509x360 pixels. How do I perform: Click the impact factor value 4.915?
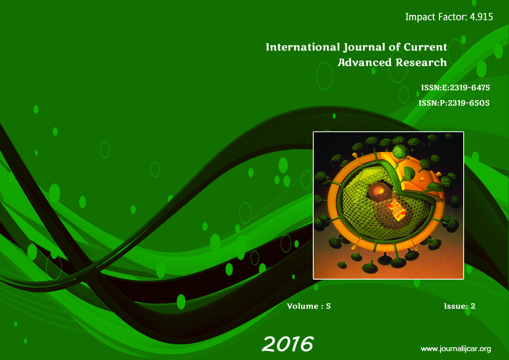481,17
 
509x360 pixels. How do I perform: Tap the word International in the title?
303,47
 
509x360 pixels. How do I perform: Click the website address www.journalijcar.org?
456,349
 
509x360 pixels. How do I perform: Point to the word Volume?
303,306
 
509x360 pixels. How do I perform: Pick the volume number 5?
328,306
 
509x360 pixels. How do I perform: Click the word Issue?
456,306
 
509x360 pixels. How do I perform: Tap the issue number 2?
473,306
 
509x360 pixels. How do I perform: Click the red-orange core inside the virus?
379,190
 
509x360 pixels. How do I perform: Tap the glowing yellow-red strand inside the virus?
397,210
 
